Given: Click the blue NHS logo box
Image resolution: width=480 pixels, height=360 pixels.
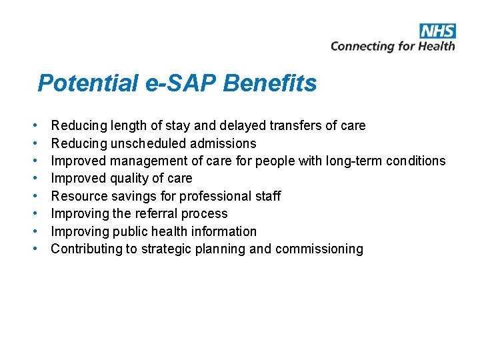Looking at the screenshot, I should (x=437, y=31).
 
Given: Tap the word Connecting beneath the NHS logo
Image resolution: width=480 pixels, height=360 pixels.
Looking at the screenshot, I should (x=363, y=46).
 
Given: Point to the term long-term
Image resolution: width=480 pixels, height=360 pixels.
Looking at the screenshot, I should (x=355, y=161).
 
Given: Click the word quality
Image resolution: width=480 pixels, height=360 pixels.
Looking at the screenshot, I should (x=133, y=179).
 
